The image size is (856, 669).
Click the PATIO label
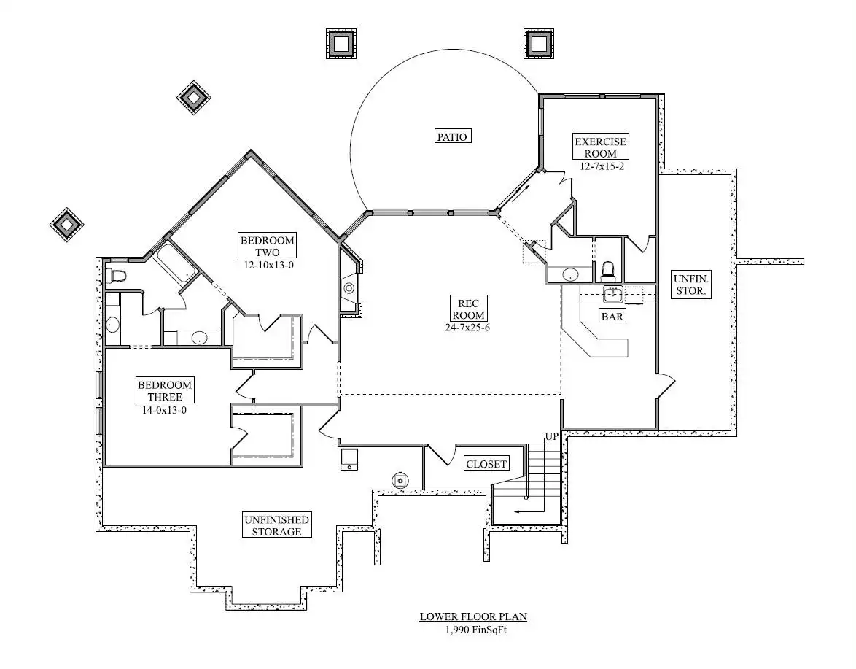(453, 136)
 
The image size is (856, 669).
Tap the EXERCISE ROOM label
(601, 147)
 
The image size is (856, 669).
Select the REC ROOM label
(468, 309)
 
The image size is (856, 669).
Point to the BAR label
(612, 316)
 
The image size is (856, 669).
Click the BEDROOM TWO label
(268, 246)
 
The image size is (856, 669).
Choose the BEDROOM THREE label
(164, 390)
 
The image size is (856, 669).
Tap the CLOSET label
(486, 464)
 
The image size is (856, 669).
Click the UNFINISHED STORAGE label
(277, 525)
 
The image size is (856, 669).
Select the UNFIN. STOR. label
(691, 285)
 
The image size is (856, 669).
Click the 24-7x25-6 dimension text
(467, 328)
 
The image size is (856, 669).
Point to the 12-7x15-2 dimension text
(602, 166)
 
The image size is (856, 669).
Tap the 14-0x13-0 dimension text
(164, 409)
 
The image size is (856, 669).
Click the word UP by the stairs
(551, 436)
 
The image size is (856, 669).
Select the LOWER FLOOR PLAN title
(473, 616)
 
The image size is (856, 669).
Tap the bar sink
(613, 294)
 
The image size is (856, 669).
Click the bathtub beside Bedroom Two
(174, 262)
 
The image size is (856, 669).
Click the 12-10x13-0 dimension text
(268, 266)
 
